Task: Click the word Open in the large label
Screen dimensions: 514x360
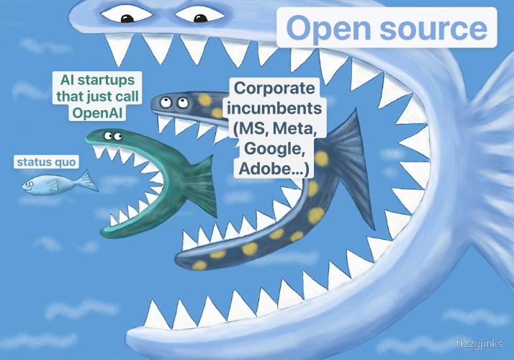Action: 329,29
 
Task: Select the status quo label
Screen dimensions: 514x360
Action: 46,162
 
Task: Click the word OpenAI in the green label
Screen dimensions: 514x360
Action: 97,113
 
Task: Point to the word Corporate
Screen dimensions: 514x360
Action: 275,88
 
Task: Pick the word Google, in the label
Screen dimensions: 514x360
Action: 275,148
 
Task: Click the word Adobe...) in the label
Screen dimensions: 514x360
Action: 274,169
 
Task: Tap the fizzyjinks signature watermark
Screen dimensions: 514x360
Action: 479,343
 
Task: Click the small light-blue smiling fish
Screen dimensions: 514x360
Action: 59,183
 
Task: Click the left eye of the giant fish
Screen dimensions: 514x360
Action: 127,14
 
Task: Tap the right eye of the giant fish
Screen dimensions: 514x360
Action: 200,14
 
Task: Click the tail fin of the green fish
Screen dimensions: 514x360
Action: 201,184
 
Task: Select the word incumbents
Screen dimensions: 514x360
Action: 274,108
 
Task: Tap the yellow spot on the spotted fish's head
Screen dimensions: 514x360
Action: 204,99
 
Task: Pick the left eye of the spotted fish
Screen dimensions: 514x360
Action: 166,102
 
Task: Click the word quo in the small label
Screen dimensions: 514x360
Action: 66,162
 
